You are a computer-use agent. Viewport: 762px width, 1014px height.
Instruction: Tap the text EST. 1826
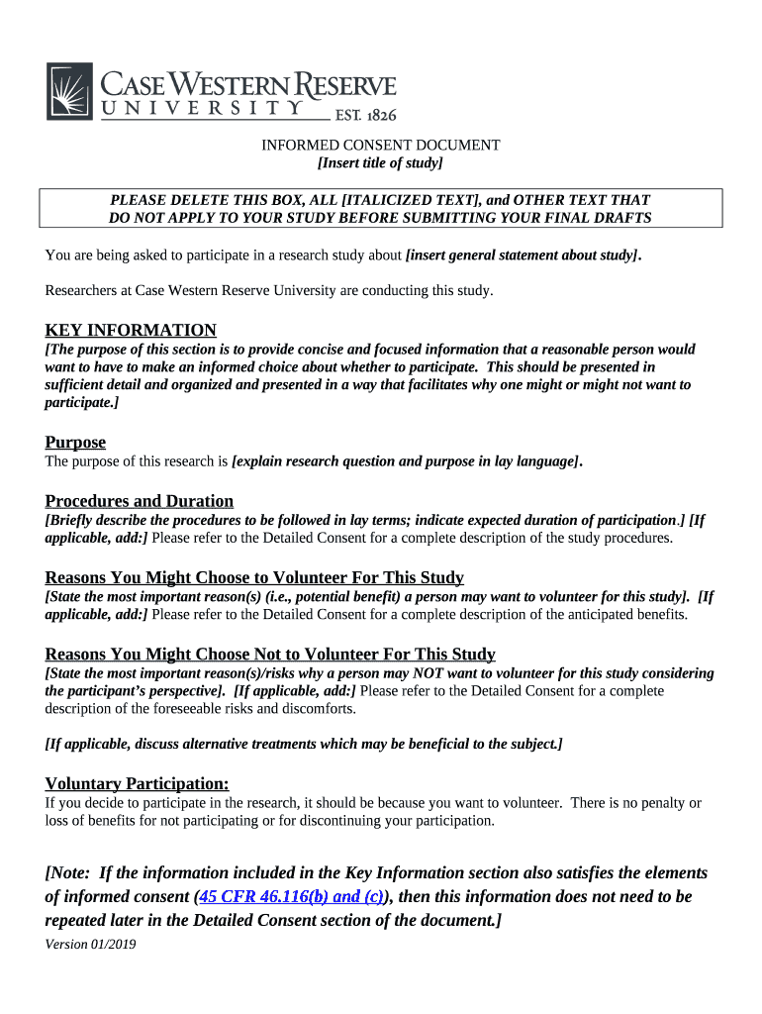pyautogui.click(x=365, y=115)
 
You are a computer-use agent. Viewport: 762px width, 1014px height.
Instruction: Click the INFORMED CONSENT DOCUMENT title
pyautogui.click(x=380, y=146)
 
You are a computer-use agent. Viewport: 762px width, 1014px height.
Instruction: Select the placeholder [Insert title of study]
pyautogui.click(x=380, y=163)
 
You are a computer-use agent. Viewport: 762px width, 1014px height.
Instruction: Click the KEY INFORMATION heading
pyautogui.click(x=131, y=330)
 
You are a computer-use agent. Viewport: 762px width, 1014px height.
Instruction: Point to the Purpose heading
pyautogui.click(x=75, y=442)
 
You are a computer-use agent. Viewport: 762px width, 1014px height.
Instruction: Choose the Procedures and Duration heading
pyautogui.click(x=140, y=501)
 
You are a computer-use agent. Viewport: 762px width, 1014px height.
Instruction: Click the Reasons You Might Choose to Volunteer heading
pyautogui.click(x=254, y=577)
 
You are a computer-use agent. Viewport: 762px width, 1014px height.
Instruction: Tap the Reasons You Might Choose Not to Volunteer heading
pyautogui.click(x=270, y=655)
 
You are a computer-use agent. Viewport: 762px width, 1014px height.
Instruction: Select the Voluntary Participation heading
pyautogui.click(x=138, y=783)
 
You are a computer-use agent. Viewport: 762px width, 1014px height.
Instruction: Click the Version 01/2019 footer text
pyautogui.click(x=90, y=944)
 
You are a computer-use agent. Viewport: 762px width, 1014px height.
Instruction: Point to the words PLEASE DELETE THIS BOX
pyautogui.click(x=190, y=200)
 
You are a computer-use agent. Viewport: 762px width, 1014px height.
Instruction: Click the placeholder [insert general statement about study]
pyautogui.click(x=522, y=255)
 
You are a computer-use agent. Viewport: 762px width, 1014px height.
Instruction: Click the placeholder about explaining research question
pyautogui.click(x=406, y=461)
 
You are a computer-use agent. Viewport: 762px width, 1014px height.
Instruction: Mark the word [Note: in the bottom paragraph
pyautogui.click(x=68, y=872)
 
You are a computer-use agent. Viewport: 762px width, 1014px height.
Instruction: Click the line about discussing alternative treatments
pyautogui.click(x=304, y=744)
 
